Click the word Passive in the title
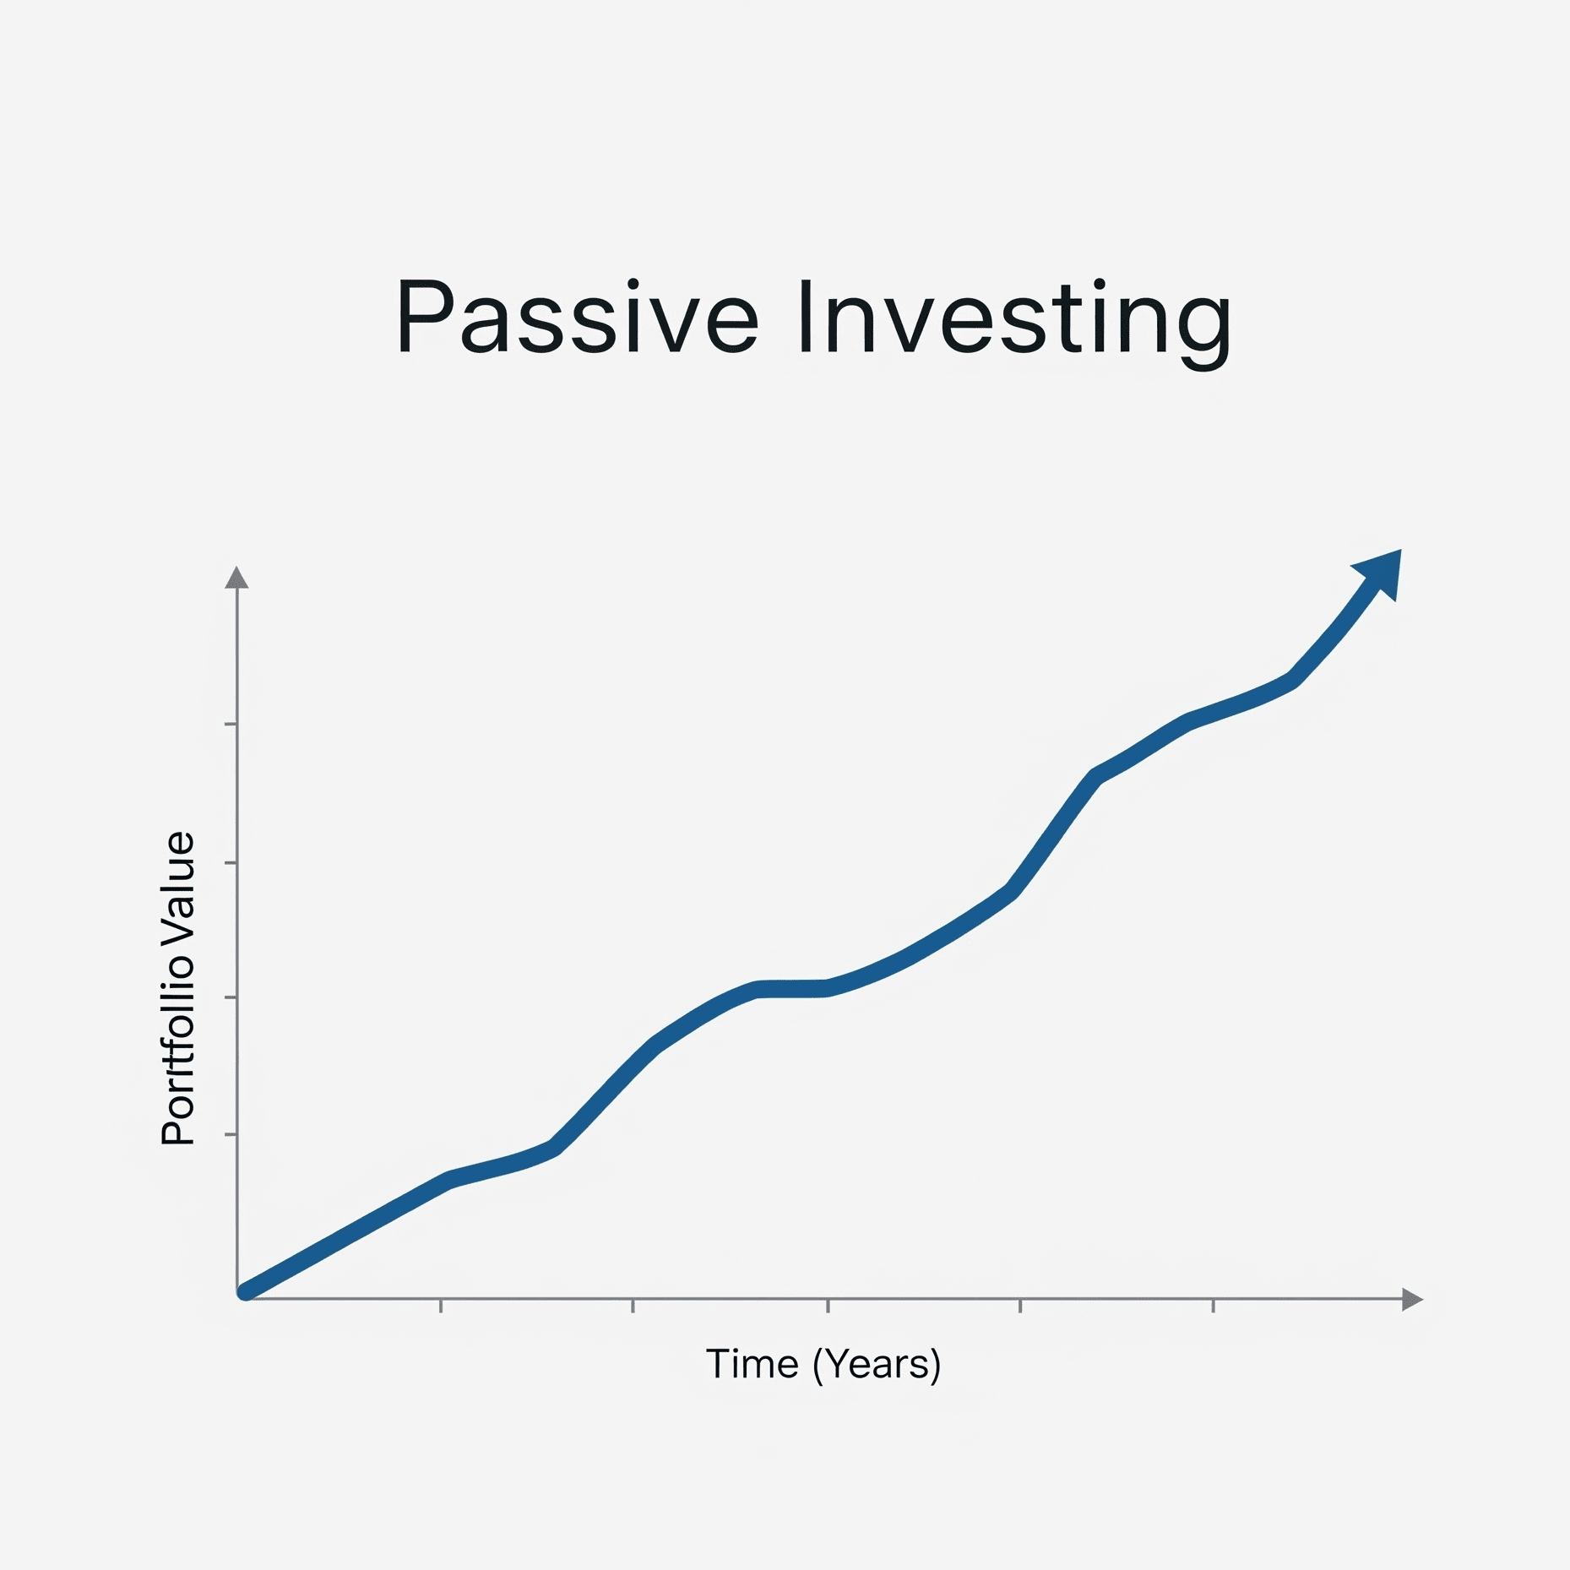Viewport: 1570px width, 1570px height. tap(578, 316)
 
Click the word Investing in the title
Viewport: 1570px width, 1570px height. tap(1014, 323)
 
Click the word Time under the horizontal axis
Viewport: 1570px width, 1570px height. tap(752, 1364)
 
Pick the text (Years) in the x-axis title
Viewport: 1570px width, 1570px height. tap(877, 1365)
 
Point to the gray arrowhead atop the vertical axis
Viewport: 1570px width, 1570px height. tap(236, 577)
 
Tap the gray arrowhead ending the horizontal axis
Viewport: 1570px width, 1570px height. tap(1412, 1300)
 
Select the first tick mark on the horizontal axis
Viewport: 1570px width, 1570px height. tap(441, 1306)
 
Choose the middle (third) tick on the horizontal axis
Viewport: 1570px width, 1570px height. tap(828, 1306)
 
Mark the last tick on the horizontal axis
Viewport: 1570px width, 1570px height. tap(1214, 1306)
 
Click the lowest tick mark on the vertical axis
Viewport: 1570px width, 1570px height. tap(231, 1134)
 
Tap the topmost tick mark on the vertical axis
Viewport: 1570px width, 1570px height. tap(231, 724)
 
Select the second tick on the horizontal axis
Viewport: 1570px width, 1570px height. tap(633, 1306)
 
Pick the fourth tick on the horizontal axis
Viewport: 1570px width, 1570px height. tap(1020, 1306)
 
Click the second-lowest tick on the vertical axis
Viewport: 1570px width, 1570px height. tap(231, 997)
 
